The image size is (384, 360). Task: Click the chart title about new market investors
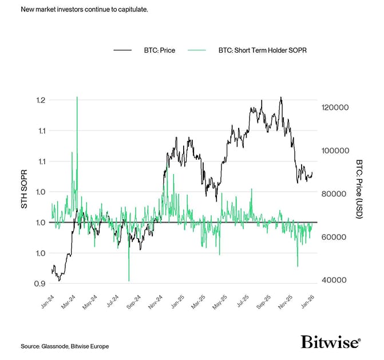84,10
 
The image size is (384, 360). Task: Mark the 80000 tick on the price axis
334,194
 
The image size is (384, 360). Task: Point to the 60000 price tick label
334,237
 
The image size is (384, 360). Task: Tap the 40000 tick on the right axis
334,280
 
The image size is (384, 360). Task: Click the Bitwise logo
331,342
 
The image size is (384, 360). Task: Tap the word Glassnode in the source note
57,346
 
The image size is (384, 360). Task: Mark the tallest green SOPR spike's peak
77,97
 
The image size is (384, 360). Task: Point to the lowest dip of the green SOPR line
129,280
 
